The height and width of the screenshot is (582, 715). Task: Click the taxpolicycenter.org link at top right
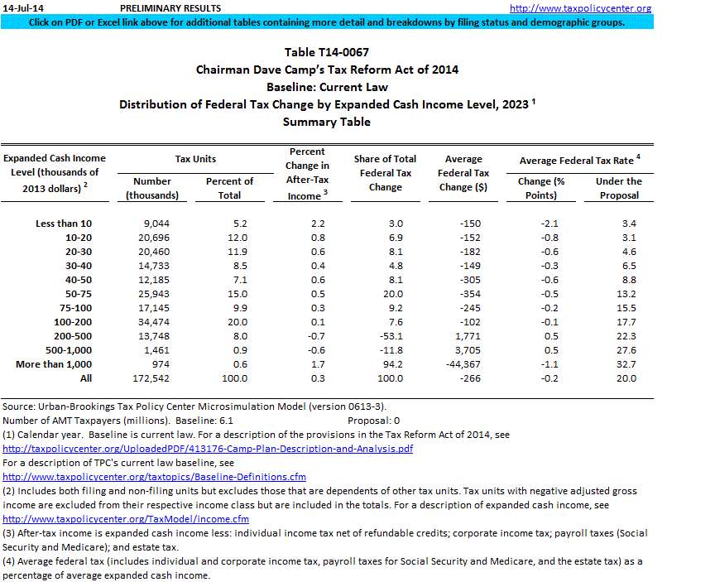(x=580, y=8)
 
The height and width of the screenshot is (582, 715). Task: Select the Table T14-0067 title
(x=327, y=52)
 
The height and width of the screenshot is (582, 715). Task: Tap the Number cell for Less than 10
(x=152, y=224)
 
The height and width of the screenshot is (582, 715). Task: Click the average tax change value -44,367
(x=463, y=363)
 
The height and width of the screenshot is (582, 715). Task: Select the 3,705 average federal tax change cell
(x=463, y=349)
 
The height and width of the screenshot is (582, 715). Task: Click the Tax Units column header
(x=194, y=158)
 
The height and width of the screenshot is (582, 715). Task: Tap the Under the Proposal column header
(x=618, y=188)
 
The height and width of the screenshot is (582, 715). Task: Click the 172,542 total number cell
(x=152, y=378)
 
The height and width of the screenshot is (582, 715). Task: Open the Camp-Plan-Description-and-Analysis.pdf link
(x=208, y=449)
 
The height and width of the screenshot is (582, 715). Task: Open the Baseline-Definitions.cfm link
(x=155, y=477)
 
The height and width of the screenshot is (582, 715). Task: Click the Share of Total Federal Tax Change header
(x=386, y=173)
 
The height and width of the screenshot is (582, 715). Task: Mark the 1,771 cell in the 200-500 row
(x=463, y=336)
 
